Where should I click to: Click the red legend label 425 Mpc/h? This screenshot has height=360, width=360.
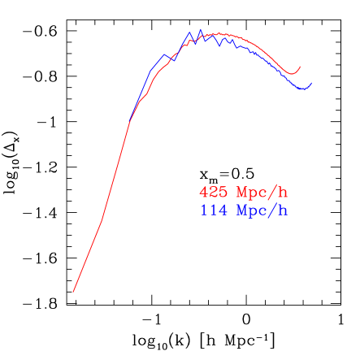244,193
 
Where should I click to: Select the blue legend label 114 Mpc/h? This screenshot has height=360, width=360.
244,211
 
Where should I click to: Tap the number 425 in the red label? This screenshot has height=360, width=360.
213,193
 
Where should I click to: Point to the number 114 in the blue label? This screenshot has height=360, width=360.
213,211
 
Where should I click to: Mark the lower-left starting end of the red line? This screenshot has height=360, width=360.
73,291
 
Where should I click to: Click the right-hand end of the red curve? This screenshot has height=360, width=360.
301,67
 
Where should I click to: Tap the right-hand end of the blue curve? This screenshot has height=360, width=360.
311,83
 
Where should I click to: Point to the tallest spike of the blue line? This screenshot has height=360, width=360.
200,30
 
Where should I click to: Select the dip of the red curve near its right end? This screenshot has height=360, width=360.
293,74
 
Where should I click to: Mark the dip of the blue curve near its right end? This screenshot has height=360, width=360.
304,89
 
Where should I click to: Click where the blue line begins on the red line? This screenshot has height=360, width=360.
128,124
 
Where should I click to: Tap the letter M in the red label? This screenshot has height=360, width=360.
241,193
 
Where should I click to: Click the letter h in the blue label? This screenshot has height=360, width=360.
283,211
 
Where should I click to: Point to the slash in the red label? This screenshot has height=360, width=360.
272,193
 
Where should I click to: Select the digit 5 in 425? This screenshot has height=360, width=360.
223,193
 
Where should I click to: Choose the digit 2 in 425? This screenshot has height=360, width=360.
213,193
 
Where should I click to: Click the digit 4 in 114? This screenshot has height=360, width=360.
223,211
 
